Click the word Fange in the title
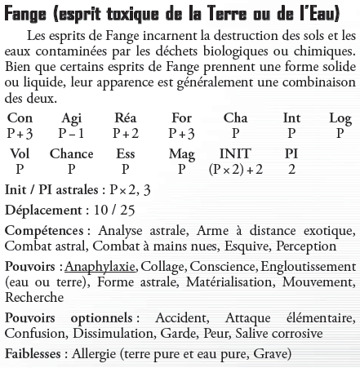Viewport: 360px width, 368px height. click(27, 11)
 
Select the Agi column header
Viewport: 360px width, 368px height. click(71, 118)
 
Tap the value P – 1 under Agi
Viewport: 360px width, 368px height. click(72, 133)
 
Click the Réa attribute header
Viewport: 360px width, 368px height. click(125, 118)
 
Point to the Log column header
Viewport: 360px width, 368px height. click(340, 118)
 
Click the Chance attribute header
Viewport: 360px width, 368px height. click(71, 154)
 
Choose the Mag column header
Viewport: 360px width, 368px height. click(181, 154)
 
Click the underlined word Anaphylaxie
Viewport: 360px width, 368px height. click(104, 267)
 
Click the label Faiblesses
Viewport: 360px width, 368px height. click(35, 353)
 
